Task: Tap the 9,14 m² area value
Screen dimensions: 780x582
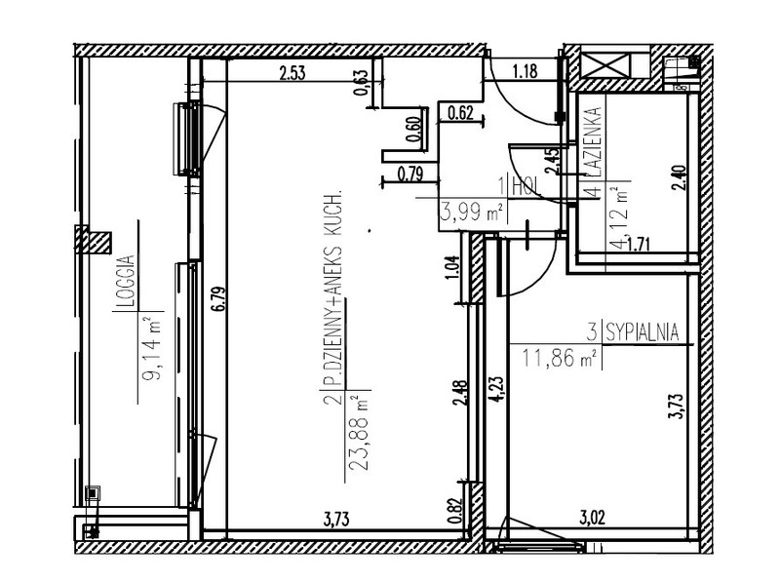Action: pyautogui.click(x=153, y=349)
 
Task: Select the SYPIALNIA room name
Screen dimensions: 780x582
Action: pyautogui.click(x=643, y=331)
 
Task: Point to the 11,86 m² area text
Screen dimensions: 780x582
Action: pyautogui.click(x=559, y=357)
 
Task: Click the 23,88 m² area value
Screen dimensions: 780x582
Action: pyautogui.click(x=360, y=433)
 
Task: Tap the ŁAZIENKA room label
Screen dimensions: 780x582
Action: pyautogui.click(x=594, y=142)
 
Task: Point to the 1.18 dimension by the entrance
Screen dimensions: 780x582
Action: pyautogui.click(x=525, y=71)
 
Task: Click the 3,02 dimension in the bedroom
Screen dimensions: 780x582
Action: pyautogui.click(x=593, y=518)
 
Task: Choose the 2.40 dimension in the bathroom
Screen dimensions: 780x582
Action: pyautogui.click(x=680, y=178)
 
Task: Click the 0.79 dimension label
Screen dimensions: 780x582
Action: pyautogui.click(x=410, y=175)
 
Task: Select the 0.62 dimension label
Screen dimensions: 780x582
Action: pyautogui.click(x=460, y=113)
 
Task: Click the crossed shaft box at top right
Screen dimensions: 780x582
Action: pyautogui.click(x=605, y=65)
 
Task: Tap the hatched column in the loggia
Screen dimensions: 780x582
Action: pyautogui.click(x=93, y=239)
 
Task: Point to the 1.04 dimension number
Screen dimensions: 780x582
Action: pyautogui.click(x=452, y=268)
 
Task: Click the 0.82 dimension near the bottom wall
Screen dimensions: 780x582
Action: pyautogui.click(x=454, y=512)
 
